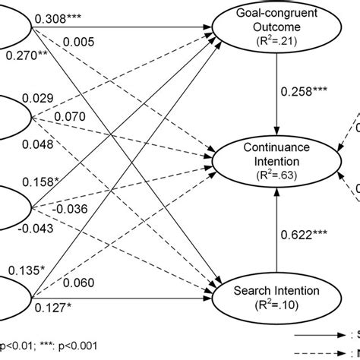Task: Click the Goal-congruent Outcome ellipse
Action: [x=276, y=30]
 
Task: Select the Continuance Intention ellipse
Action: [x=276, y=159]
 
